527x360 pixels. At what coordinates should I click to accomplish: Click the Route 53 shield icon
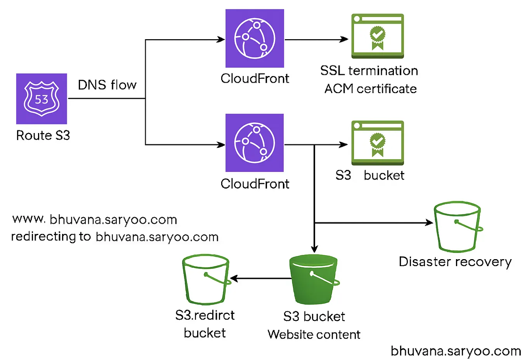point(42,99)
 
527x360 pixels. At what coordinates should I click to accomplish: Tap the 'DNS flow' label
point(107,85)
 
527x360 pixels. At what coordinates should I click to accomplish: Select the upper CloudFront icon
point(255,38)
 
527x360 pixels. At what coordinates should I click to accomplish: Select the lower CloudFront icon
point(255,142)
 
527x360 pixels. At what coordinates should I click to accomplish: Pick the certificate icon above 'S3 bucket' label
point(378,143)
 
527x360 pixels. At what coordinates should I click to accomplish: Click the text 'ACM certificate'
point(370,89)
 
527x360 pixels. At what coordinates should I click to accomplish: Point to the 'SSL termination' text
point(369,71)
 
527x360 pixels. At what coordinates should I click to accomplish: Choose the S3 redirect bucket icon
point(205,279)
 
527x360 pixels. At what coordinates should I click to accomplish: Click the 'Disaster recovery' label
point(455,262)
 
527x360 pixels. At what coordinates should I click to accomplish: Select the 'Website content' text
point(314,334)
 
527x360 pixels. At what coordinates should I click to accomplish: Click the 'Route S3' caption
point(43,135)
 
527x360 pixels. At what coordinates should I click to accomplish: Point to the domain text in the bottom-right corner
point(456,351)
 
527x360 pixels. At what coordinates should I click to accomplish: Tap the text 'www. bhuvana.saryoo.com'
point(95,220)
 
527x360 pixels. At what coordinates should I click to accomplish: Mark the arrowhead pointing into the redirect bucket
point(234,279)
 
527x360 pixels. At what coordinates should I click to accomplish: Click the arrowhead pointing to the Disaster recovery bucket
point(429,223)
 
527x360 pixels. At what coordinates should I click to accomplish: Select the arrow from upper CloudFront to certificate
point(316,40)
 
